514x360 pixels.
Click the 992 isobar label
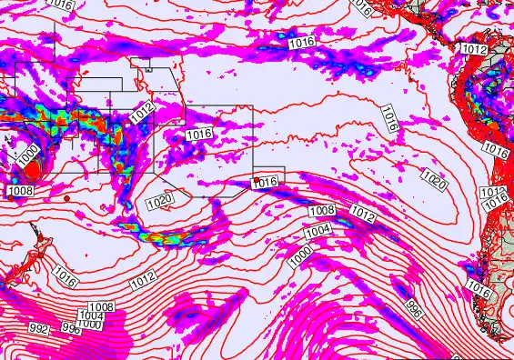coord(39,328)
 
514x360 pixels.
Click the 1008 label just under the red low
coord(20,191)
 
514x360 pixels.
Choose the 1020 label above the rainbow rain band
coord(159,200)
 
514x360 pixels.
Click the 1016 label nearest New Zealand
coord(65,271)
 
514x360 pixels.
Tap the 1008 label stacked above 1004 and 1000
coord(101,307)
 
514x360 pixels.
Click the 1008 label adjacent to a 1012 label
coord(322,211)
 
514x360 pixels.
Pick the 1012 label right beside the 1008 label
coord(362,215)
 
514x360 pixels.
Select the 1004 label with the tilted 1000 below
coord(317,232)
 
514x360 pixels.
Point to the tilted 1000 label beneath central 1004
coord(301,255)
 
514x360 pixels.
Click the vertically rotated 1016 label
coord(388,115)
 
